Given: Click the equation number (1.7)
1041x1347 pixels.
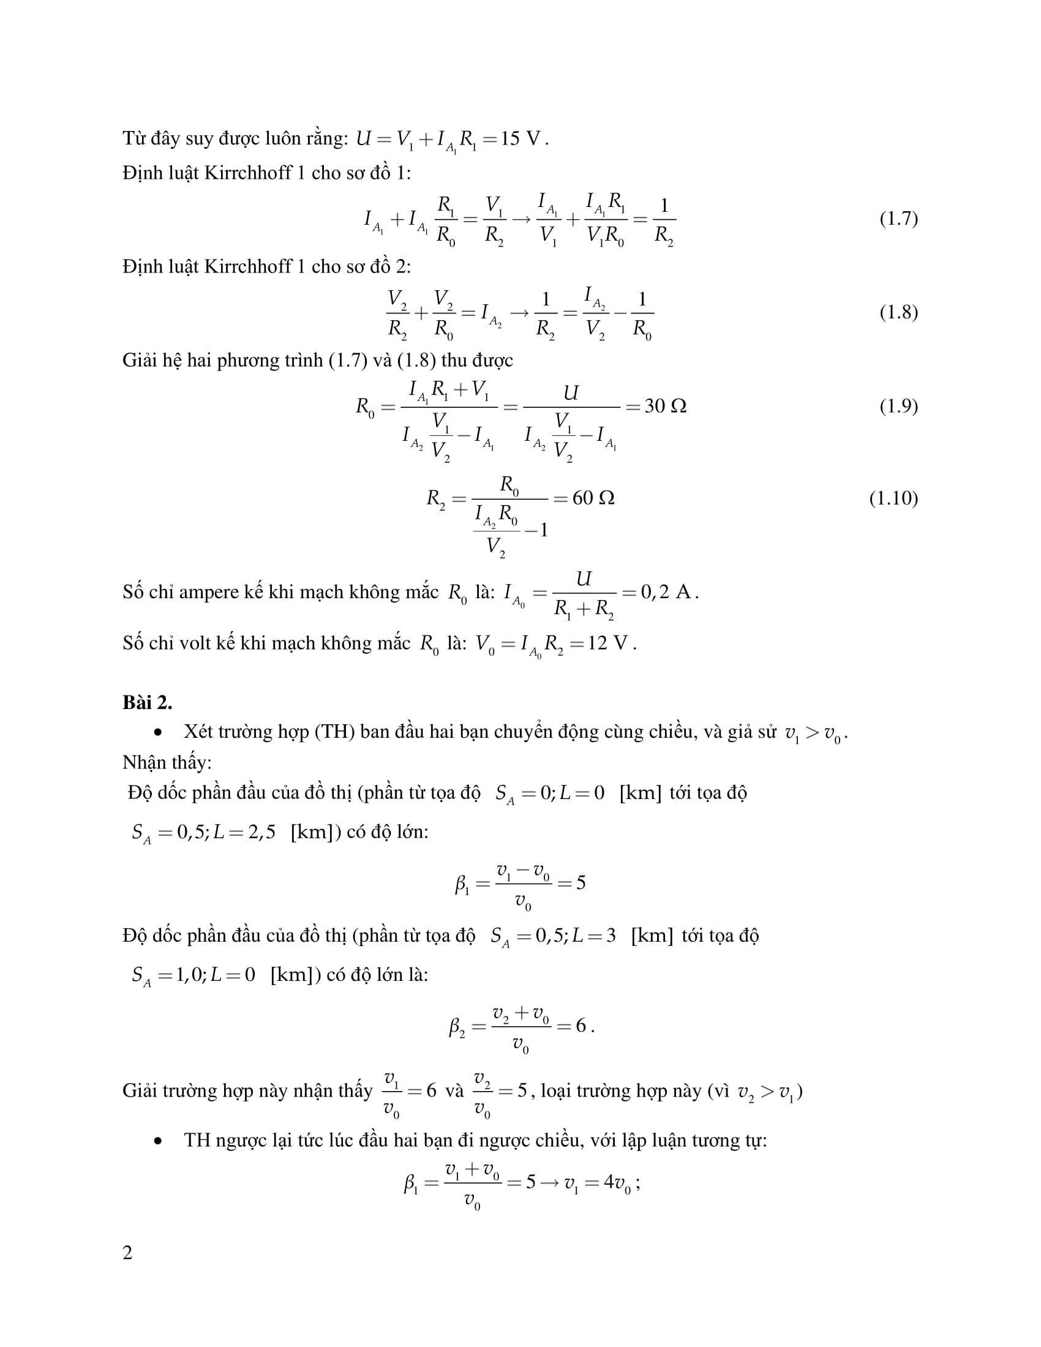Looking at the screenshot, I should click(898, 219).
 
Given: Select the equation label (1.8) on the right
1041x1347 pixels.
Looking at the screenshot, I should click(898, 312).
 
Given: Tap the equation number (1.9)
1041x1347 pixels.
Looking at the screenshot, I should click(898, 406).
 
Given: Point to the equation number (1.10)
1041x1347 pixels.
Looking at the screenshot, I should click(893, 498).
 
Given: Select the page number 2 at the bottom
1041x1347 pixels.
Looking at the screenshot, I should click(127, 1253).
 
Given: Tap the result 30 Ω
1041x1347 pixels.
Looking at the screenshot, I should click(665, 406).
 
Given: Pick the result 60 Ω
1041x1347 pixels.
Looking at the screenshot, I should click(593, 498).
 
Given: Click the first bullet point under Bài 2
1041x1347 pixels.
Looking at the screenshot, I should click(159, 733).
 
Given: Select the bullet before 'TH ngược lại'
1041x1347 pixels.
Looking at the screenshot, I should click(159, 1141).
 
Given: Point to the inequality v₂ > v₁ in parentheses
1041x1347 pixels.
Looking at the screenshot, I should click(767, 1092).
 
